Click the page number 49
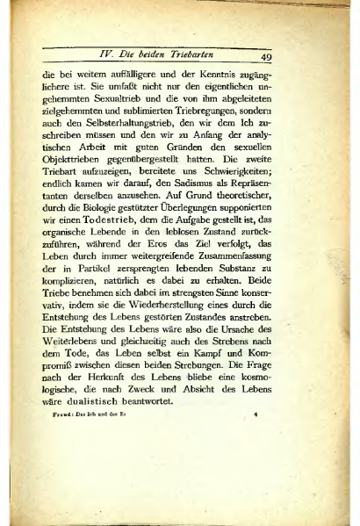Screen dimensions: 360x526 coord(269,59)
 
